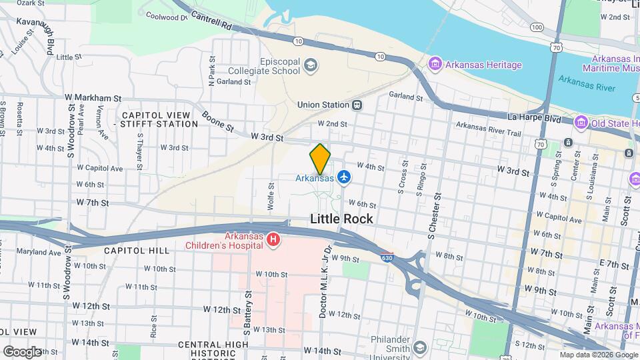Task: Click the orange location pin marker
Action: tap(320, 159)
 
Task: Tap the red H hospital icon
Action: tap(273, 239)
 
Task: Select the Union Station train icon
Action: tap(357, 105)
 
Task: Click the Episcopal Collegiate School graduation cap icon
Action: tap(310, 65)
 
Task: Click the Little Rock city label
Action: tap(341, 219)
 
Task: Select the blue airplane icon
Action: tap(343, 177)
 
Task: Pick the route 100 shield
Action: tap(537, 27)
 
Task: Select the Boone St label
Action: tap(217, 121)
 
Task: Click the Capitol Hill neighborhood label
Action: tap(127, 250)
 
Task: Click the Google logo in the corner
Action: tap(21, 351)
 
